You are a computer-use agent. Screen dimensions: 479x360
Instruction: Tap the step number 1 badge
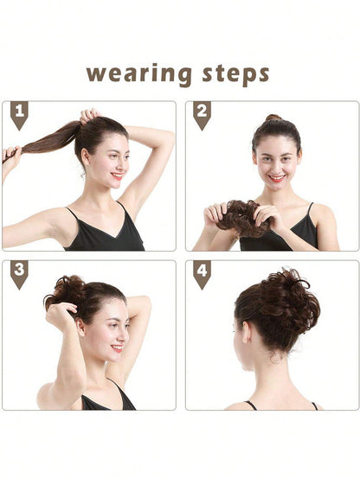point(19,114)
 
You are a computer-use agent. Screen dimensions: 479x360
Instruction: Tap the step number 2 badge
point(202,114)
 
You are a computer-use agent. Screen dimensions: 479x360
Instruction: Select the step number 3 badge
point(19,274)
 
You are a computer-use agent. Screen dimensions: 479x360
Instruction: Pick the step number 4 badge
point(202,274)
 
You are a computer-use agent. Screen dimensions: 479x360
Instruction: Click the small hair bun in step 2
point(273,118)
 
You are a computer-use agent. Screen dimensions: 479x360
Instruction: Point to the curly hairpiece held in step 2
point(236,216)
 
